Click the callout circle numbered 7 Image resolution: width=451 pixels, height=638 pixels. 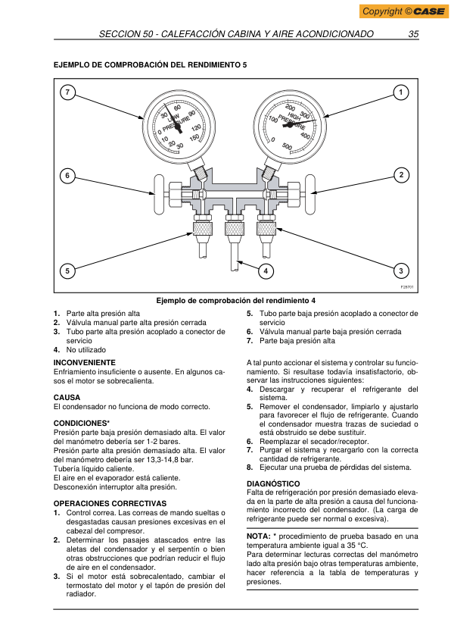coord(67,92)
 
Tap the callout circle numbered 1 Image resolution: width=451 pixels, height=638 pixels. coord(400,92)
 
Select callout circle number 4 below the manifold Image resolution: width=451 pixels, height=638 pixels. coord(266,271)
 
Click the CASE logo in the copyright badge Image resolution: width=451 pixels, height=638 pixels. coord(429,11)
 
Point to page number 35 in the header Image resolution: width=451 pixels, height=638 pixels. coord(413,34)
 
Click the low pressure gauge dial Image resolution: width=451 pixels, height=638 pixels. coord(179,126)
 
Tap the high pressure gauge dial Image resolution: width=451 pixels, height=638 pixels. coord(290,125)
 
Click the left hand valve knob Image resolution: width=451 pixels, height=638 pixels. coord(159,195)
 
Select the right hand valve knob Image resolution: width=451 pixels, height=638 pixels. coord(310,195)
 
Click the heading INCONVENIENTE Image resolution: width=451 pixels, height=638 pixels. coord(85,362)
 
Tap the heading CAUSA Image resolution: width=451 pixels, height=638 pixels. coord(67,398)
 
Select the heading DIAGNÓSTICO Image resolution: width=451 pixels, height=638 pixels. coord(273,483)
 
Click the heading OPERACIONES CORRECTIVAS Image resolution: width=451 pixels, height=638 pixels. coord(110,503)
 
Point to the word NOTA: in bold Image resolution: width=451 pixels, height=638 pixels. coord(258,536)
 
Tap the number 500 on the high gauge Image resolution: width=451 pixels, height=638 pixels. coord(287,146)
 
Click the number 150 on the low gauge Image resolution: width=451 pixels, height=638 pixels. coord(194,138)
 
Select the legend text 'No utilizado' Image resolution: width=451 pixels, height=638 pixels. coord(86,350)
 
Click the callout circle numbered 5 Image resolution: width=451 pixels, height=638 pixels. coord(67,271)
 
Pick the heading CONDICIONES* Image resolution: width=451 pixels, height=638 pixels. coord(82,423)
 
